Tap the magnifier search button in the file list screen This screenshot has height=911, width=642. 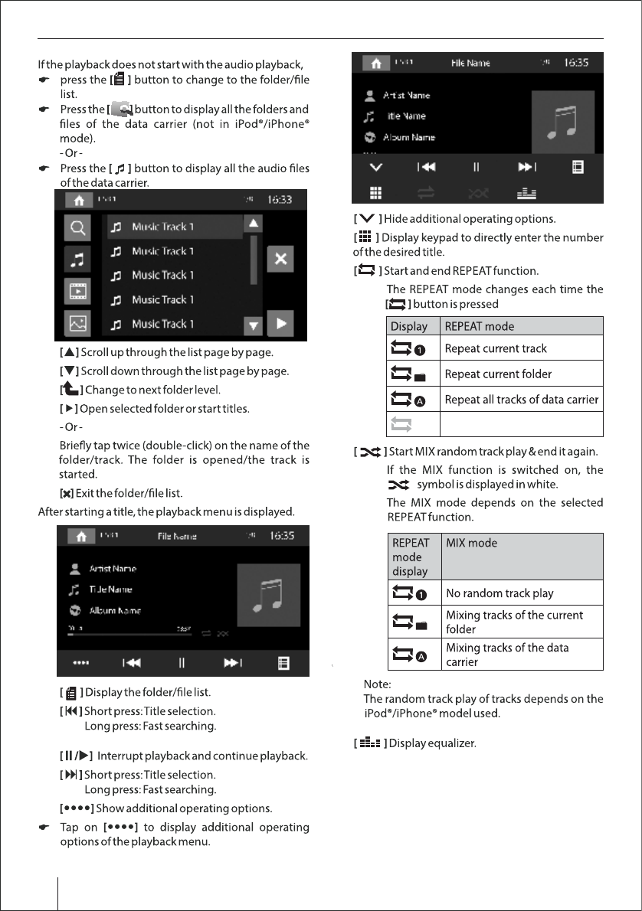pos(77,227)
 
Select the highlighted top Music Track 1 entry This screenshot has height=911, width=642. pos(175,227)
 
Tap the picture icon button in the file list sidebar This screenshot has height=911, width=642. pos(77,324)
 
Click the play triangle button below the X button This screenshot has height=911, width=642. pos(281,323)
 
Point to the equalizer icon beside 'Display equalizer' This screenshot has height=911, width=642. pos(368,743)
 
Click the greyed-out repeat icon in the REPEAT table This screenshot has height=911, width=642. pos(404,424)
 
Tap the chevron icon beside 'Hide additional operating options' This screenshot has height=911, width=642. pos(366,220)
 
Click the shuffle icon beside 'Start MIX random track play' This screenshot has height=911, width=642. pos(370,452)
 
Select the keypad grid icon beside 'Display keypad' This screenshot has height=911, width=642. pos(365,237)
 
